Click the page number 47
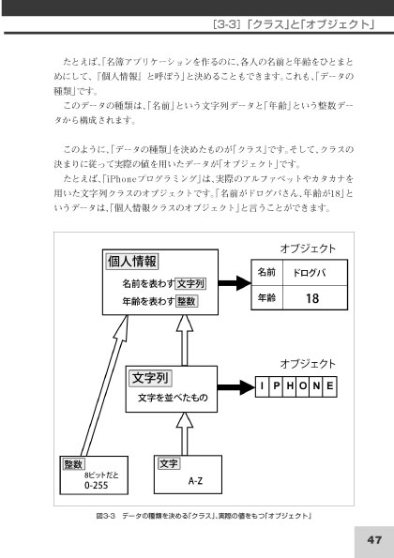pyautogui.click(x=374, y=540)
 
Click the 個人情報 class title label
pyautogui.click(x=132, y=262)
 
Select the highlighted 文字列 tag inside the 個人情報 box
pyautogui.click(x=190, y=283)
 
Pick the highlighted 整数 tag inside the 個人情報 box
pyautogui.click(x=187, y=301)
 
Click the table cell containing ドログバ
pyautogui.click(x=315, y=273)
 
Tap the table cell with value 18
pyautogui.click(x=315, y=298)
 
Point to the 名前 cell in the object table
pyautogui.click(x=267, y=273)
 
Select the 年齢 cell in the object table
pyautogui.click(x=267, y=297)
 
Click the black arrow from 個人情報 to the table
pyautogui.click(x=235, y=283)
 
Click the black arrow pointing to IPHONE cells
pyautogui.click(x=236, y=387)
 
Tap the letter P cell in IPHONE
pyautogui.click(x=276, y=386)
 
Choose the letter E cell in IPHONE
pyautogui.click(x=330, y=386)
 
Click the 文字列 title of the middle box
pyautogui.click(x=150, y=378)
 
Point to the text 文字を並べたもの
pyautogui.click(x=173, y=398)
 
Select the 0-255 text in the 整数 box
pyautogui.click(x=96, y=485)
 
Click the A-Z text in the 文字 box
pyautogui.click(x=195, y=481)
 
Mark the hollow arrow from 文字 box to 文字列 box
pyautogui.click(x=185, y=434)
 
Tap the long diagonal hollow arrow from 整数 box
pyautogui.click(x=104, y=385)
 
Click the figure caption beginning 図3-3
pyautogui.click(x=204, y=516)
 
